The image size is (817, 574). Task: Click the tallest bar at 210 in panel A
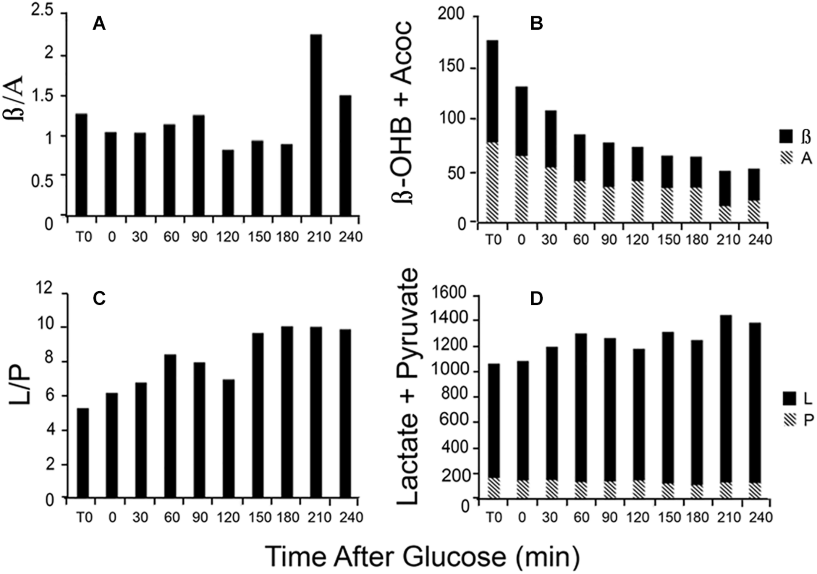316,124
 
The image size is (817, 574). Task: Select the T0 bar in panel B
492,132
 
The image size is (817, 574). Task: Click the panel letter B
537,24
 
